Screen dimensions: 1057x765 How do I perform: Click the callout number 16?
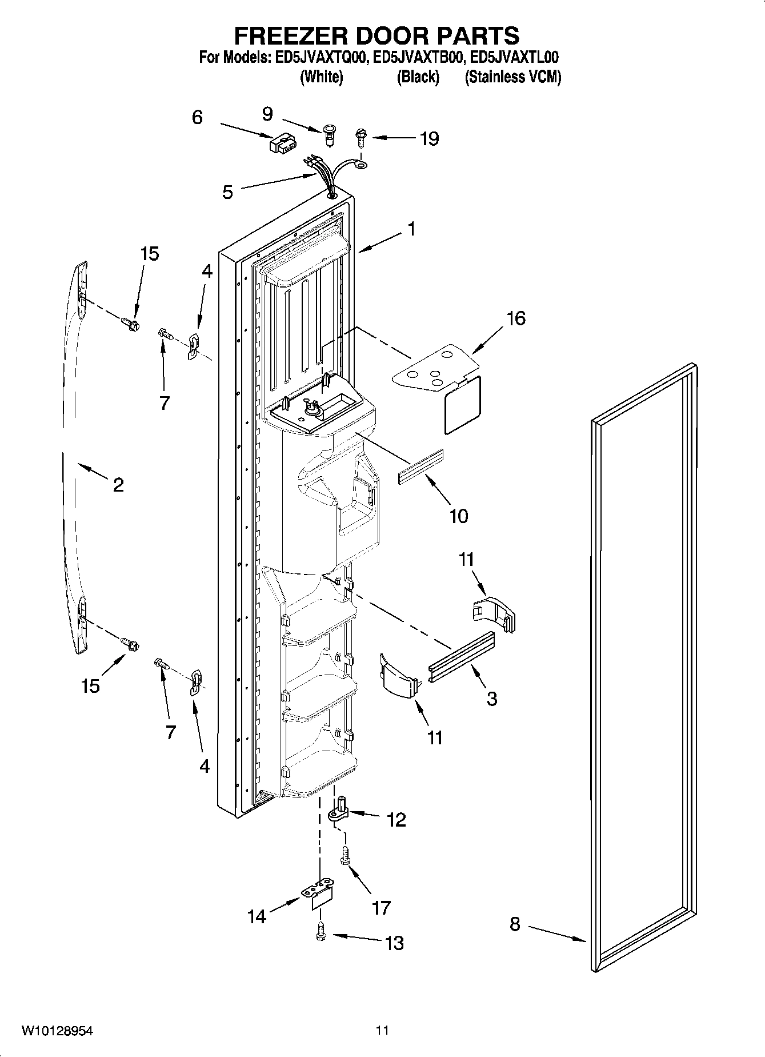(516, 319)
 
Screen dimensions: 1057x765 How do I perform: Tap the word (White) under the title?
(321, 77)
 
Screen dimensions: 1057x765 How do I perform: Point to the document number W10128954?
(57, 1031)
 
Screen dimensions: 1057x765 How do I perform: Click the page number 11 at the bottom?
(382, 1031)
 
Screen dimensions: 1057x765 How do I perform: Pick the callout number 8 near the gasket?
(515, 924)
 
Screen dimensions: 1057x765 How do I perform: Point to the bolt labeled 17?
(345, 858)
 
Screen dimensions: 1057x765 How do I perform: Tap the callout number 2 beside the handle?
(118, 485)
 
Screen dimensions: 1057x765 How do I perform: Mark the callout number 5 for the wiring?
(227, 192)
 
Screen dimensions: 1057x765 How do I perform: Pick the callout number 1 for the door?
(411, 229)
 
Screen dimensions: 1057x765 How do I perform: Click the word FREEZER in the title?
(290, 35)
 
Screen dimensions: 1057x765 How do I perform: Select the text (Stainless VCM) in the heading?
(512, 77)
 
